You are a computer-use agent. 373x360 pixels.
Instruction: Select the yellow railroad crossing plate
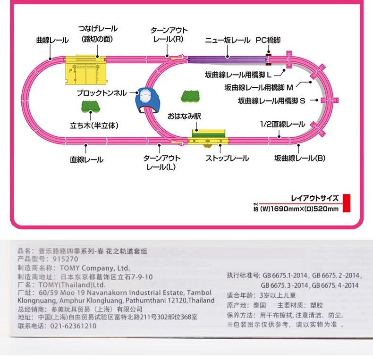tap(85, 72)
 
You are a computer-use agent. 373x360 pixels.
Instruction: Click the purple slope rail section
tap(227, 59)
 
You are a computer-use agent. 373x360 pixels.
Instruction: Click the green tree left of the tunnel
tap(90, 106)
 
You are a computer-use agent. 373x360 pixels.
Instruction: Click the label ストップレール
tap(227, 159)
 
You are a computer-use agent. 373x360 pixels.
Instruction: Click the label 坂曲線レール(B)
tap(300, 159)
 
